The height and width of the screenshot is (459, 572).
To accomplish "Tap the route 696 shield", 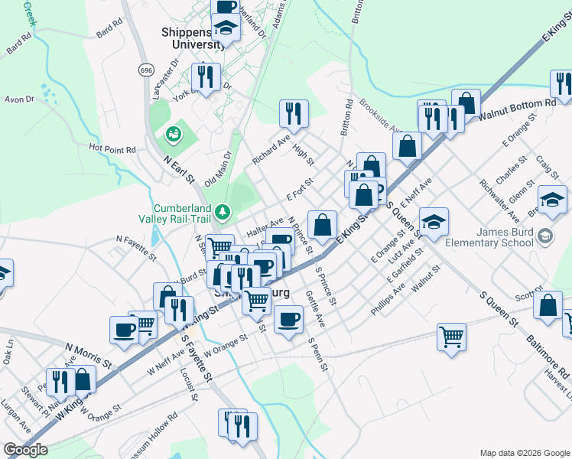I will [x=146, y=70].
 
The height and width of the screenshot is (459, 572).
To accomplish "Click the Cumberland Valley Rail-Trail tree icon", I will [x=223, y=210].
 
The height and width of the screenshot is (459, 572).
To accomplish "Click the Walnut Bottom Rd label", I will [x=517, y=108].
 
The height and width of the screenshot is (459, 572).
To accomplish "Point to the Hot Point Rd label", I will [x=112, y=148].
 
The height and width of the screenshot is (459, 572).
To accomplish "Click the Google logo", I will [x=26, y=450].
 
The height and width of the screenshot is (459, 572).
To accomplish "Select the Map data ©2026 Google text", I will [x=524, y=453].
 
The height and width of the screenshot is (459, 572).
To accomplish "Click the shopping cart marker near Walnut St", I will [x=452, y=335].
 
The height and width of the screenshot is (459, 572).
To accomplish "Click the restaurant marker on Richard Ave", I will [x=294, y=114].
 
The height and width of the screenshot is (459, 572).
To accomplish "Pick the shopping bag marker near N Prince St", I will [x=323, y=224].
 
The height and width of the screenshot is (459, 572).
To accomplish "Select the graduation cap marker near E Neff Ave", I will [x=434, y=221].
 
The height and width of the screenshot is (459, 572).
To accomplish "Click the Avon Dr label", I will [x=19, y=99].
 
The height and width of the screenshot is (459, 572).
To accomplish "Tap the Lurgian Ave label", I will [x=17, y=412].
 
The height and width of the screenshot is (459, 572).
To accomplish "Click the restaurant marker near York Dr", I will [x=206, y=76].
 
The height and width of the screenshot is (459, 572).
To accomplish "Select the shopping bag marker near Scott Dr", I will [x=548, y=304].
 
